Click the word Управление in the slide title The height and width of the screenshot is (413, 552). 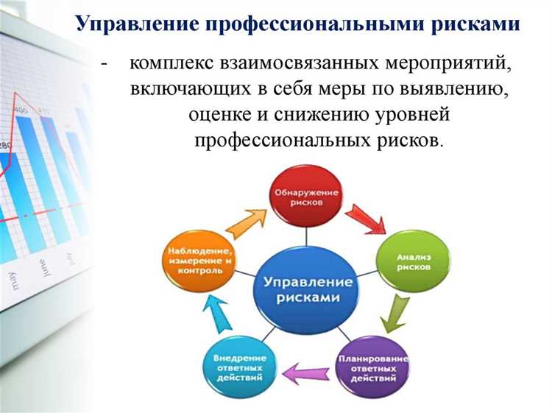pos(137,24)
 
